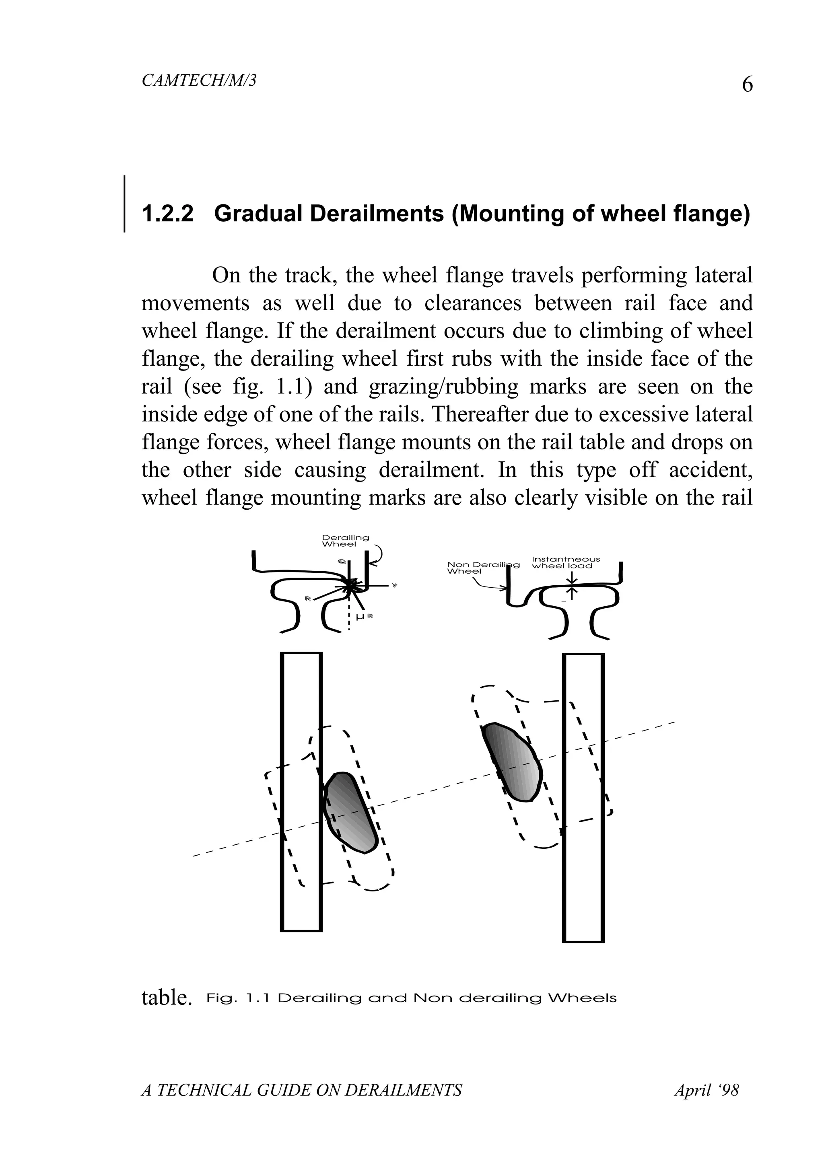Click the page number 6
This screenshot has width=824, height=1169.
[x=747, y=84]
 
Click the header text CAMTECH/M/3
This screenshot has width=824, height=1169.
[x=199, y=80]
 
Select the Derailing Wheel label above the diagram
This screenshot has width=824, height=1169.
[x=345, y=541]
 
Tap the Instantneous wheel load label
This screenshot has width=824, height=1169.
[x=565, y=562]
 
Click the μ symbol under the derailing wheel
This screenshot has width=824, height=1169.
[x=360, y=617]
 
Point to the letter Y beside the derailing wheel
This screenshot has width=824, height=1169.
[x=395, y=586]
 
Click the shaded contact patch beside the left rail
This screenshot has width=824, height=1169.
[x=350, y=813]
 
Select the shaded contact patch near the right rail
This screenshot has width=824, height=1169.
[x=511, y=761]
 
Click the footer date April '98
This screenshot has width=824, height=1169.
[x=706, y=1090]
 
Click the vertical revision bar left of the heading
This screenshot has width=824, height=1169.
[x=124, y=204]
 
